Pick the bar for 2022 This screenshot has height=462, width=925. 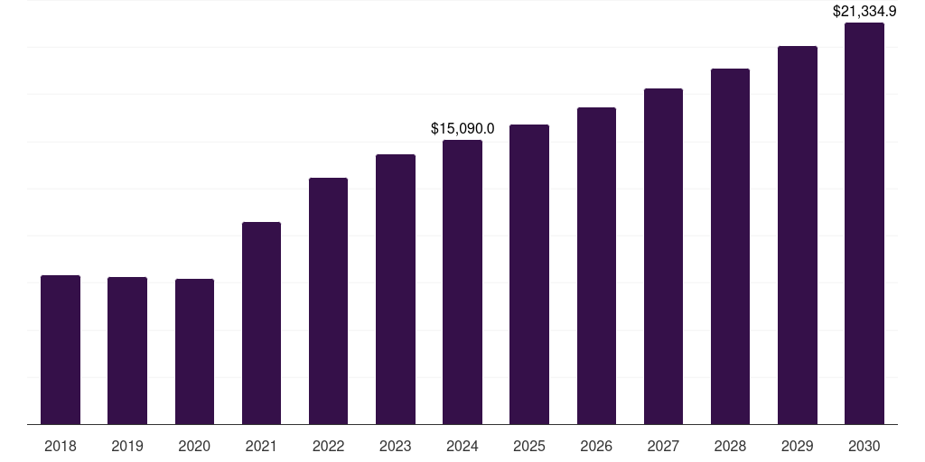click(328, 301)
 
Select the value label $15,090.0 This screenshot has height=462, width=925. click(462, 129)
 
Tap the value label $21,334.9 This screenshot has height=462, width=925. click(864, 12)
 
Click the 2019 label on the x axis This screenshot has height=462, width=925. click(127, 446)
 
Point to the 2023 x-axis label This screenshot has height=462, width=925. click(396, 446)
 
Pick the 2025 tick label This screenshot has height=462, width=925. click(529, 446)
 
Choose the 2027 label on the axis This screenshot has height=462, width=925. click(663, 446)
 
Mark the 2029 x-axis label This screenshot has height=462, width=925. click(797, 446)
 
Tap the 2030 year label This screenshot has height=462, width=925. click(864, 446)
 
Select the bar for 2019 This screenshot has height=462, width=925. click(127, 351)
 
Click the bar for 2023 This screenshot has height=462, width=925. click(396, 290)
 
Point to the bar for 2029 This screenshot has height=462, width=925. click(797, 236)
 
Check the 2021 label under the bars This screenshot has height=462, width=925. click(261, 446)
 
